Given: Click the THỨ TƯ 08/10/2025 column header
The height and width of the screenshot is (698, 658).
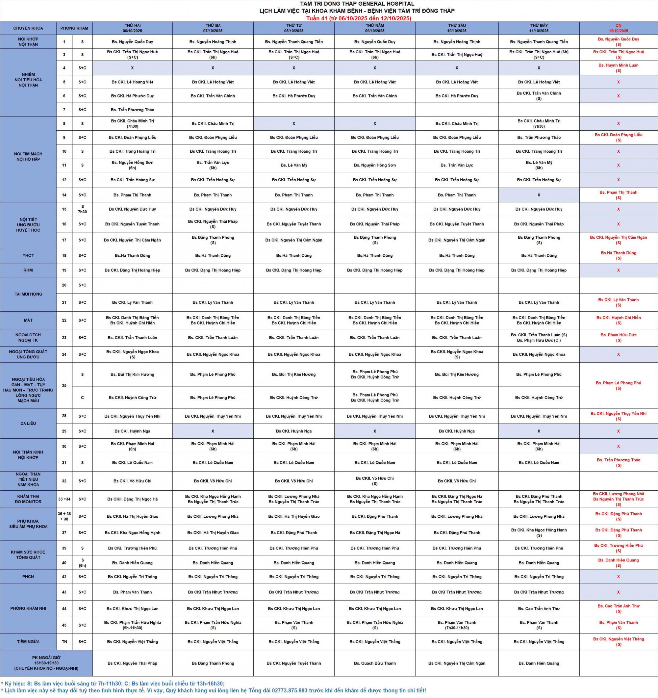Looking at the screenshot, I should point(294,28).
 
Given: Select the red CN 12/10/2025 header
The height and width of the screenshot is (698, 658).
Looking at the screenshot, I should point(618,28).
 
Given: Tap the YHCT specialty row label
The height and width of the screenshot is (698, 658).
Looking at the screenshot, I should point(28,256).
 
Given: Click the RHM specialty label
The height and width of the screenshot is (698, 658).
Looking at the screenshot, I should point(28,271).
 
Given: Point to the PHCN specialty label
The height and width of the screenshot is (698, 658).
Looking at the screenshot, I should point(28,577).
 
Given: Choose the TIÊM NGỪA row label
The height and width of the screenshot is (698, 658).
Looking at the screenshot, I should point(28,641).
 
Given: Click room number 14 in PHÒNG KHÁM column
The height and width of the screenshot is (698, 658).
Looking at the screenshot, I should point(64,195).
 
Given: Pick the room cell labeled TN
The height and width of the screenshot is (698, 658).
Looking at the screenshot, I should point(64,641).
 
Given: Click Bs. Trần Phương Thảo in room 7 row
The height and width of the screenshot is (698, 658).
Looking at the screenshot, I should point(132,110).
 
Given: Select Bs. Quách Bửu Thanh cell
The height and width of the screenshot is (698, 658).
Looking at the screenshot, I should point(375,663).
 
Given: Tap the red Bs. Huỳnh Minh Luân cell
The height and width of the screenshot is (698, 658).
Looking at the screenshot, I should point(618,68).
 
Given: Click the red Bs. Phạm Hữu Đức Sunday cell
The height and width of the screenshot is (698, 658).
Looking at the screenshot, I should point(618,337).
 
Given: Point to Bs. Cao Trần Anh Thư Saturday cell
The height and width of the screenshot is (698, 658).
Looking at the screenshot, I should point(539,609).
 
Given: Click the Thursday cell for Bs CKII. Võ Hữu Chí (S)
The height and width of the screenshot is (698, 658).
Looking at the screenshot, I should point(375,481).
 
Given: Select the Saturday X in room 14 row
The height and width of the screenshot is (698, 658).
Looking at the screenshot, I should point(539,195).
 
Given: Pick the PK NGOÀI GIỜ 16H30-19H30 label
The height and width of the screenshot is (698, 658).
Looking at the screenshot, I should point(46,663).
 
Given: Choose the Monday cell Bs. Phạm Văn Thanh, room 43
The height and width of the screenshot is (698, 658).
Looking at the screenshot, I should point(132,592).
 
